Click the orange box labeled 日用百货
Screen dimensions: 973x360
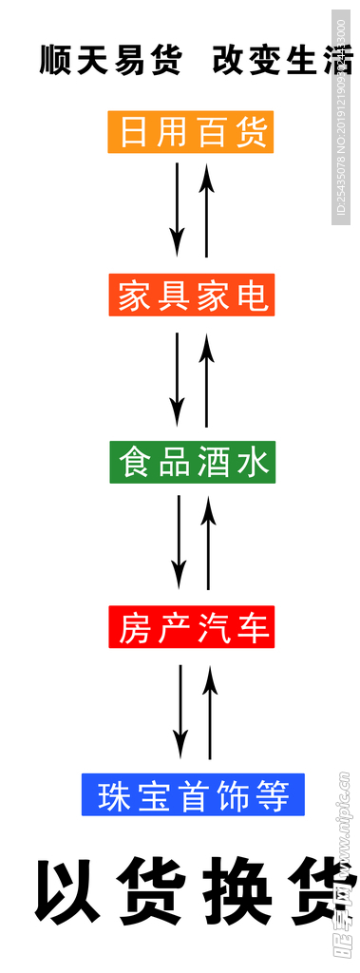coord(190,132)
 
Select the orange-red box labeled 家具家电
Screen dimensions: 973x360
coord(192,296)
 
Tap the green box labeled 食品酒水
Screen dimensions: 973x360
coord(193,462)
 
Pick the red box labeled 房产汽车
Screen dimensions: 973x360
coord(193,628)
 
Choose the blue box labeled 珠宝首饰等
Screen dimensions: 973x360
coord(193,794)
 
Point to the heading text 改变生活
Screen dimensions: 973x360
coord(275,61)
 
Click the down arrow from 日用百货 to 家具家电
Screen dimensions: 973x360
coord(177,209)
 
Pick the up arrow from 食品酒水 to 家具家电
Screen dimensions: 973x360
coord(206,378)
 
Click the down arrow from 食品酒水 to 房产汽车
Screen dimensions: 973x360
coord(179,542)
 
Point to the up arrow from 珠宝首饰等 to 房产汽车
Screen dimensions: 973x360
coord(210,711)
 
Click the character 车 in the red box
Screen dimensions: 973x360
coord(255,628)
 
